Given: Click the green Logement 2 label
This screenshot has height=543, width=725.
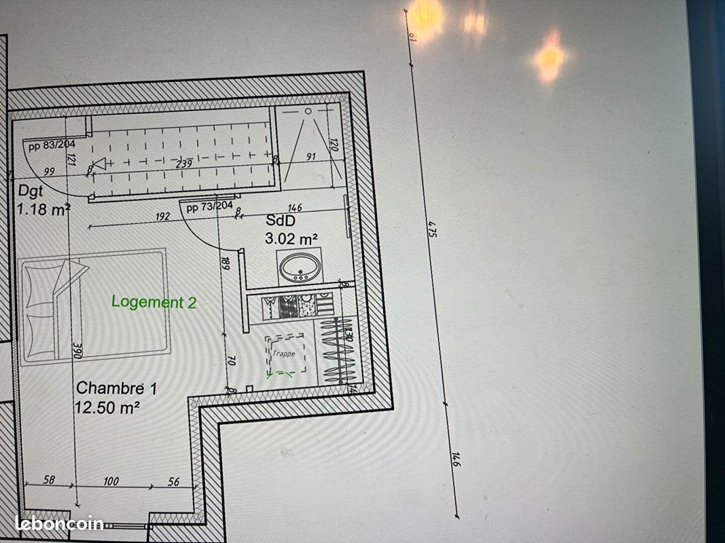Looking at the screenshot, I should (154, 302).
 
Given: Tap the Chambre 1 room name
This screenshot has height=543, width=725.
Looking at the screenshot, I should (116, 388).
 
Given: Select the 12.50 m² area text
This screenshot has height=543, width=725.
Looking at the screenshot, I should (108, 407).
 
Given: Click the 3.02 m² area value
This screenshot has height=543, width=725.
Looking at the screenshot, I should (291, 238).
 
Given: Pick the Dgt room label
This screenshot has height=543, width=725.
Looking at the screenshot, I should (31, 192).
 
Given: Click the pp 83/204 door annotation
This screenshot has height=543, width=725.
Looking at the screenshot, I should (52, 145).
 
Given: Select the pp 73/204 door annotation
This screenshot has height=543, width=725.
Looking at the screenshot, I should (209, 207).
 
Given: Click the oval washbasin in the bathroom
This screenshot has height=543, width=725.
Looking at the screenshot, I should (299, 266).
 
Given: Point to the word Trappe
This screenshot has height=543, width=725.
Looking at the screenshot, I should (284, 354).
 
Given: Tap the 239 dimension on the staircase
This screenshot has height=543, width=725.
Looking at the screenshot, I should (184, 163).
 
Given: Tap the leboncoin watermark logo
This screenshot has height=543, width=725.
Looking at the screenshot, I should (58, 523).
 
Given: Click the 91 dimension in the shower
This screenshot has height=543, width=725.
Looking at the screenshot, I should (311, 157).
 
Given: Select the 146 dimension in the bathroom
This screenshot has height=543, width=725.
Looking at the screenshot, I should (294, 208).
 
